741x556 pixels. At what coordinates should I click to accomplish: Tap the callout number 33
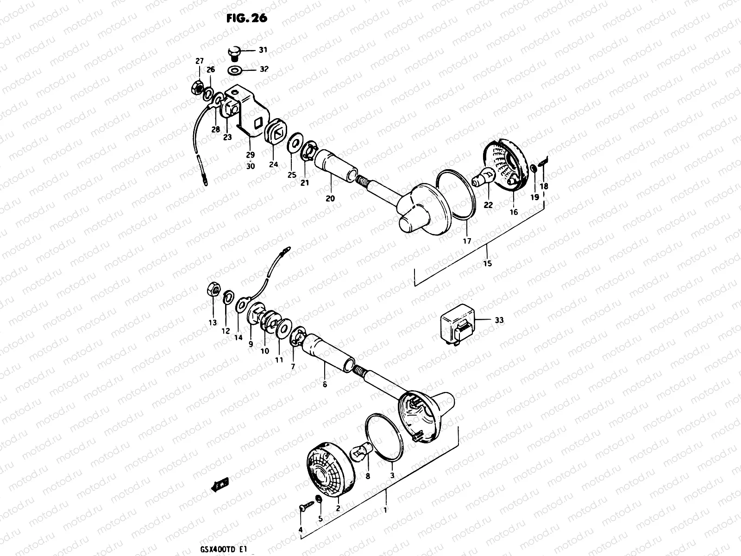pyautogui.click(x=499, y=320)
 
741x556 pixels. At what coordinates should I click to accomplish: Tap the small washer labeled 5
pyautogui.click(x=318, y=499)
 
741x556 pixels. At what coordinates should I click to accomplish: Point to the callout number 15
pyautogui.click(x=487, y=264)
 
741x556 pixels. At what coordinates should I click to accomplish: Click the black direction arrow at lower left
pyautogui.click(x=218, y=485)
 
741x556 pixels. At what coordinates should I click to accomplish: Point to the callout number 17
pyautogui.click(x=467, y=241)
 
